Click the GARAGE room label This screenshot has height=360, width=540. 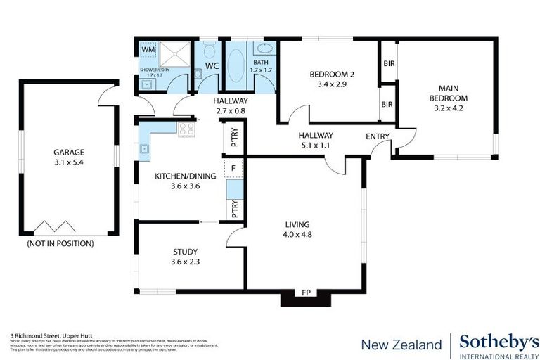pyautogui.click(x=69, y=152)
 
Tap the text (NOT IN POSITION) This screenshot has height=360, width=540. pyautogui.click(x=60, y=244)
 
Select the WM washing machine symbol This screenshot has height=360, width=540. pyautogui.click(x=148, y=50)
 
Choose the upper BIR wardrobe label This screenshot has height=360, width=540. pyautogui.click(x=387, y=63)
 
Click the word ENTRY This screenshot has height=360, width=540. pyautogui.click(x=378, y=136)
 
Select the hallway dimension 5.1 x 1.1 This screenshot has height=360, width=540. pyautogui.click(x=315, y=147)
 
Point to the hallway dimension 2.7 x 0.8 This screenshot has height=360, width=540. pyautogui.click(x=230, y=110)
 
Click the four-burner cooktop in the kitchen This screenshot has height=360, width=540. pyautogui.click(x=187, y=129)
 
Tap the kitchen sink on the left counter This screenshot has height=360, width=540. pyautogui.click(x=144, y=148)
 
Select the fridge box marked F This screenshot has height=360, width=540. pyautogui.click(x=233, y=169)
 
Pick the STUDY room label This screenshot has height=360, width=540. pyautogui.click(x=185, y=251)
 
